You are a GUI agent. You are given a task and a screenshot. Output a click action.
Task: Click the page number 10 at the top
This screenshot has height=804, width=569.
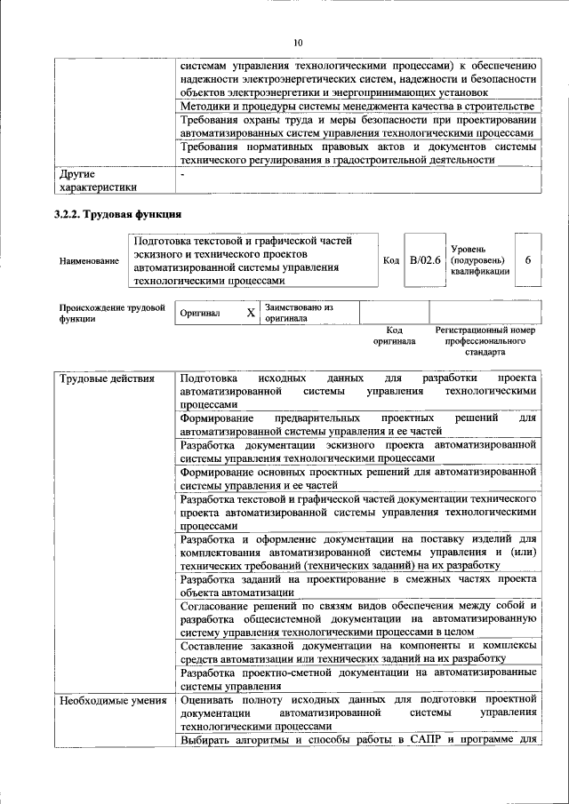coord(298,42)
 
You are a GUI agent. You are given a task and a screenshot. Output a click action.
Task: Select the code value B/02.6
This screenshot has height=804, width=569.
coord(425,260)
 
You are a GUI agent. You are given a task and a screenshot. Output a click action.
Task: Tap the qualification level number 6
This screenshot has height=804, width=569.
coord(528,260)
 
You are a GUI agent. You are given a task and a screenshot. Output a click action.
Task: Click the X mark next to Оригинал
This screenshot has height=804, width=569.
coord(250,314)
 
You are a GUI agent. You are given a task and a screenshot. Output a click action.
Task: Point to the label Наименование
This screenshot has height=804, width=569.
coord(89,261)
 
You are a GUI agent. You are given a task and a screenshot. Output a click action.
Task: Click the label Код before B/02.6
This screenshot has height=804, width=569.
coord(390,260)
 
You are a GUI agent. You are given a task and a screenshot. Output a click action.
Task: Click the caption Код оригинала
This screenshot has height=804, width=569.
coord(394,335)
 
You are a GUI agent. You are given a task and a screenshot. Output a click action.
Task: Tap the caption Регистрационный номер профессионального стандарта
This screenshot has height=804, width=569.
coord(485,340)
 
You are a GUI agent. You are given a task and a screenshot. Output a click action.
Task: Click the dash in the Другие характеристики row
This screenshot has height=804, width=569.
coord(181,175)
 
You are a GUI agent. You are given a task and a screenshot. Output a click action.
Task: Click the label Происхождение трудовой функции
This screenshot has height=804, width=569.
coord(111,313)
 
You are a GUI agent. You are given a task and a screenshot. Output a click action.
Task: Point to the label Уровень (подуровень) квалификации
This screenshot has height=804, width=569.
coord(480,260)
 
